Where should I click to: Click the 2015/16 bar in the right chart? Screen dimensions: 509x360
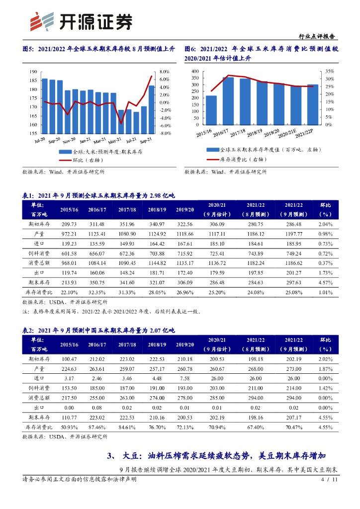(211, 110)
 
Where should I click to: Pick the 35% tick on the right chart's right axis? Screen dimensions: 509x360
(329, 72)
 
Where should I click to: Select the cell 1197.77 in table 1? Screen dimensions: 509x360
(293, 234)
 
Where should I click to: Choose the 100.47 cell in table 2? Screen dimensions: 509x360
(70, 359)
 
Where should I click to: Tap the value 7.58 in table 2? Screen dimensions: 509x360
(184, 378)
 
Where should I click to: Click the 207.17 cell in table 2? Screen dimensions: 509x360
(293, 417)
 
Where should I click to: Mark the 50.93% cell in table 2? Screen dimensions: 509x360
(70, 426)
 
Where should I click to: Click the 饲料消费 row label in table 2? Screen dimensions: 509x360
(37, 388)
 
